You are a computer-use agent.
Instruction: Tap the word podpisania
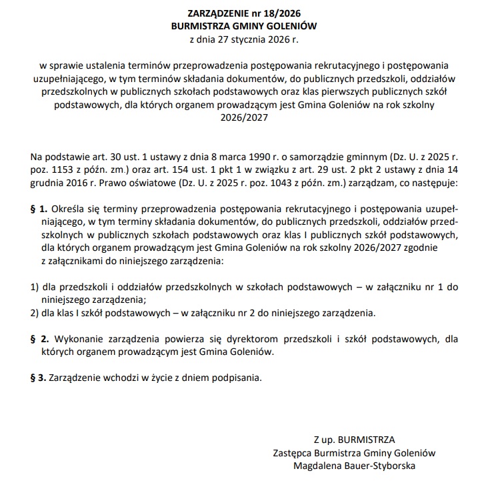pyautogui.click(x=233, y=378)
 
